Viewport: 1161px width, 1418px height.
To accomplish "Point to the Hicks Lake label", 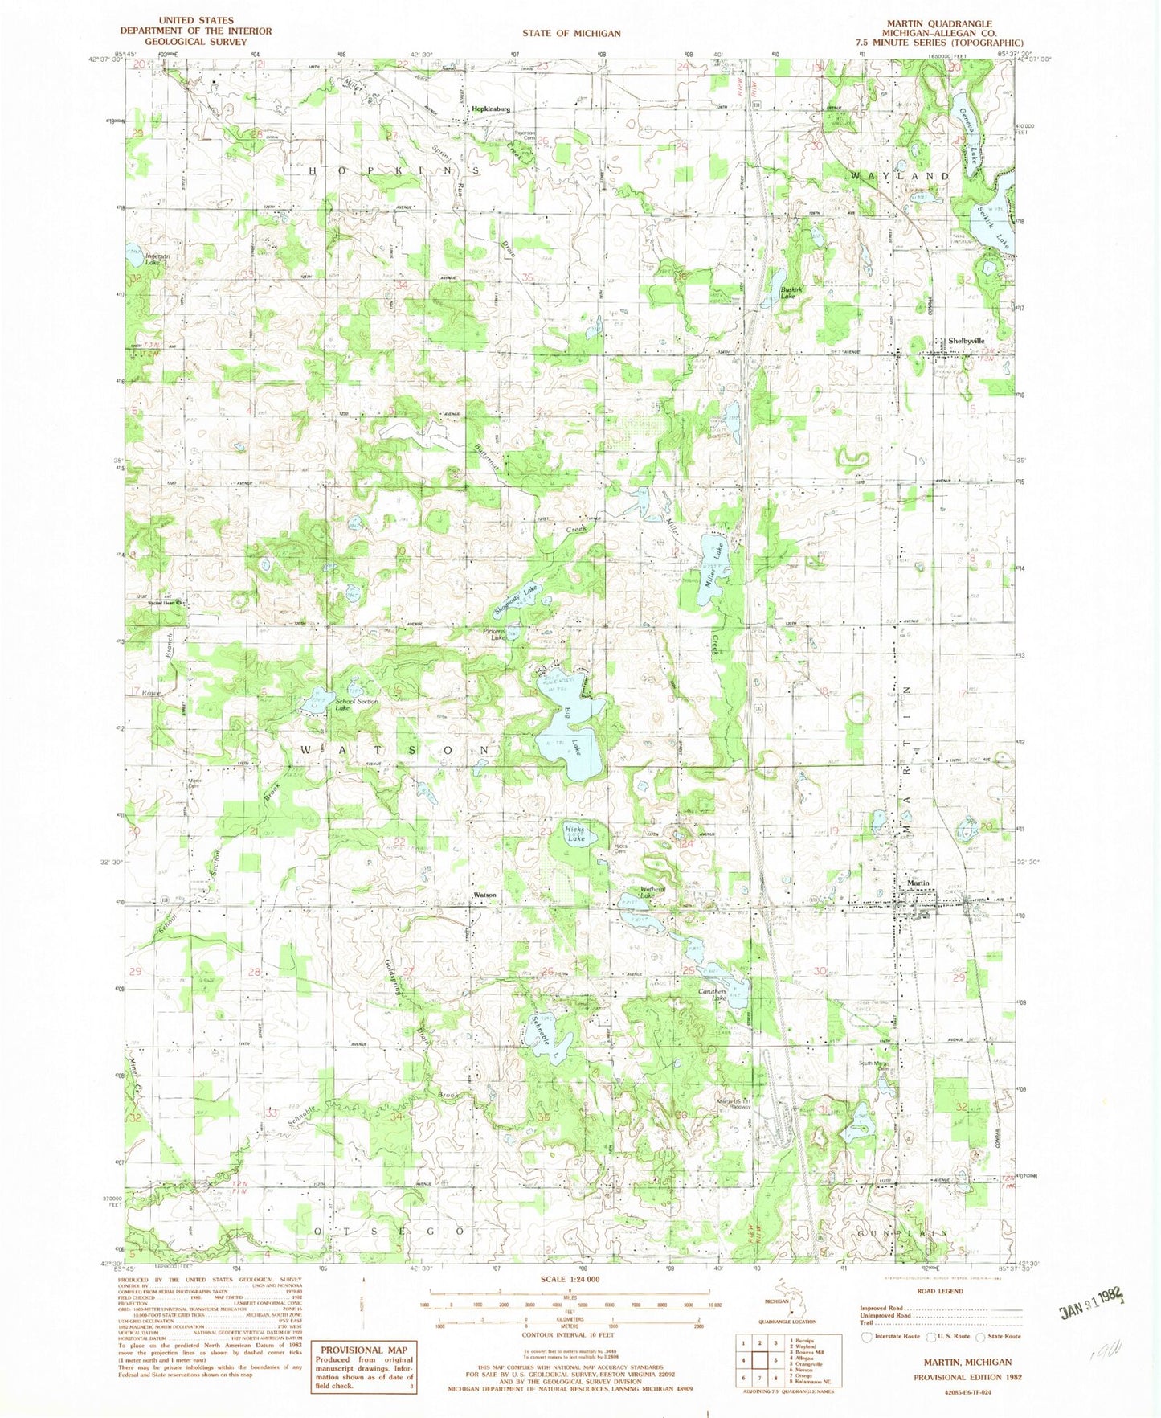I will tap(576, 834).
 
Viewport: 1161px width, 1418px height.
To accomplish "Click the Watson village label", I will tap(484, 895).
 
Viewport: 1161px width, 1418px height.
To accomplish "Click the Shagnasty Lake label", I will tap(518, 601).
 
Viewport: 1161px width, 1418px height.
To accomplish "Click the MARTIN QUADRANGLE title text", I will tap(951, 23).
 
